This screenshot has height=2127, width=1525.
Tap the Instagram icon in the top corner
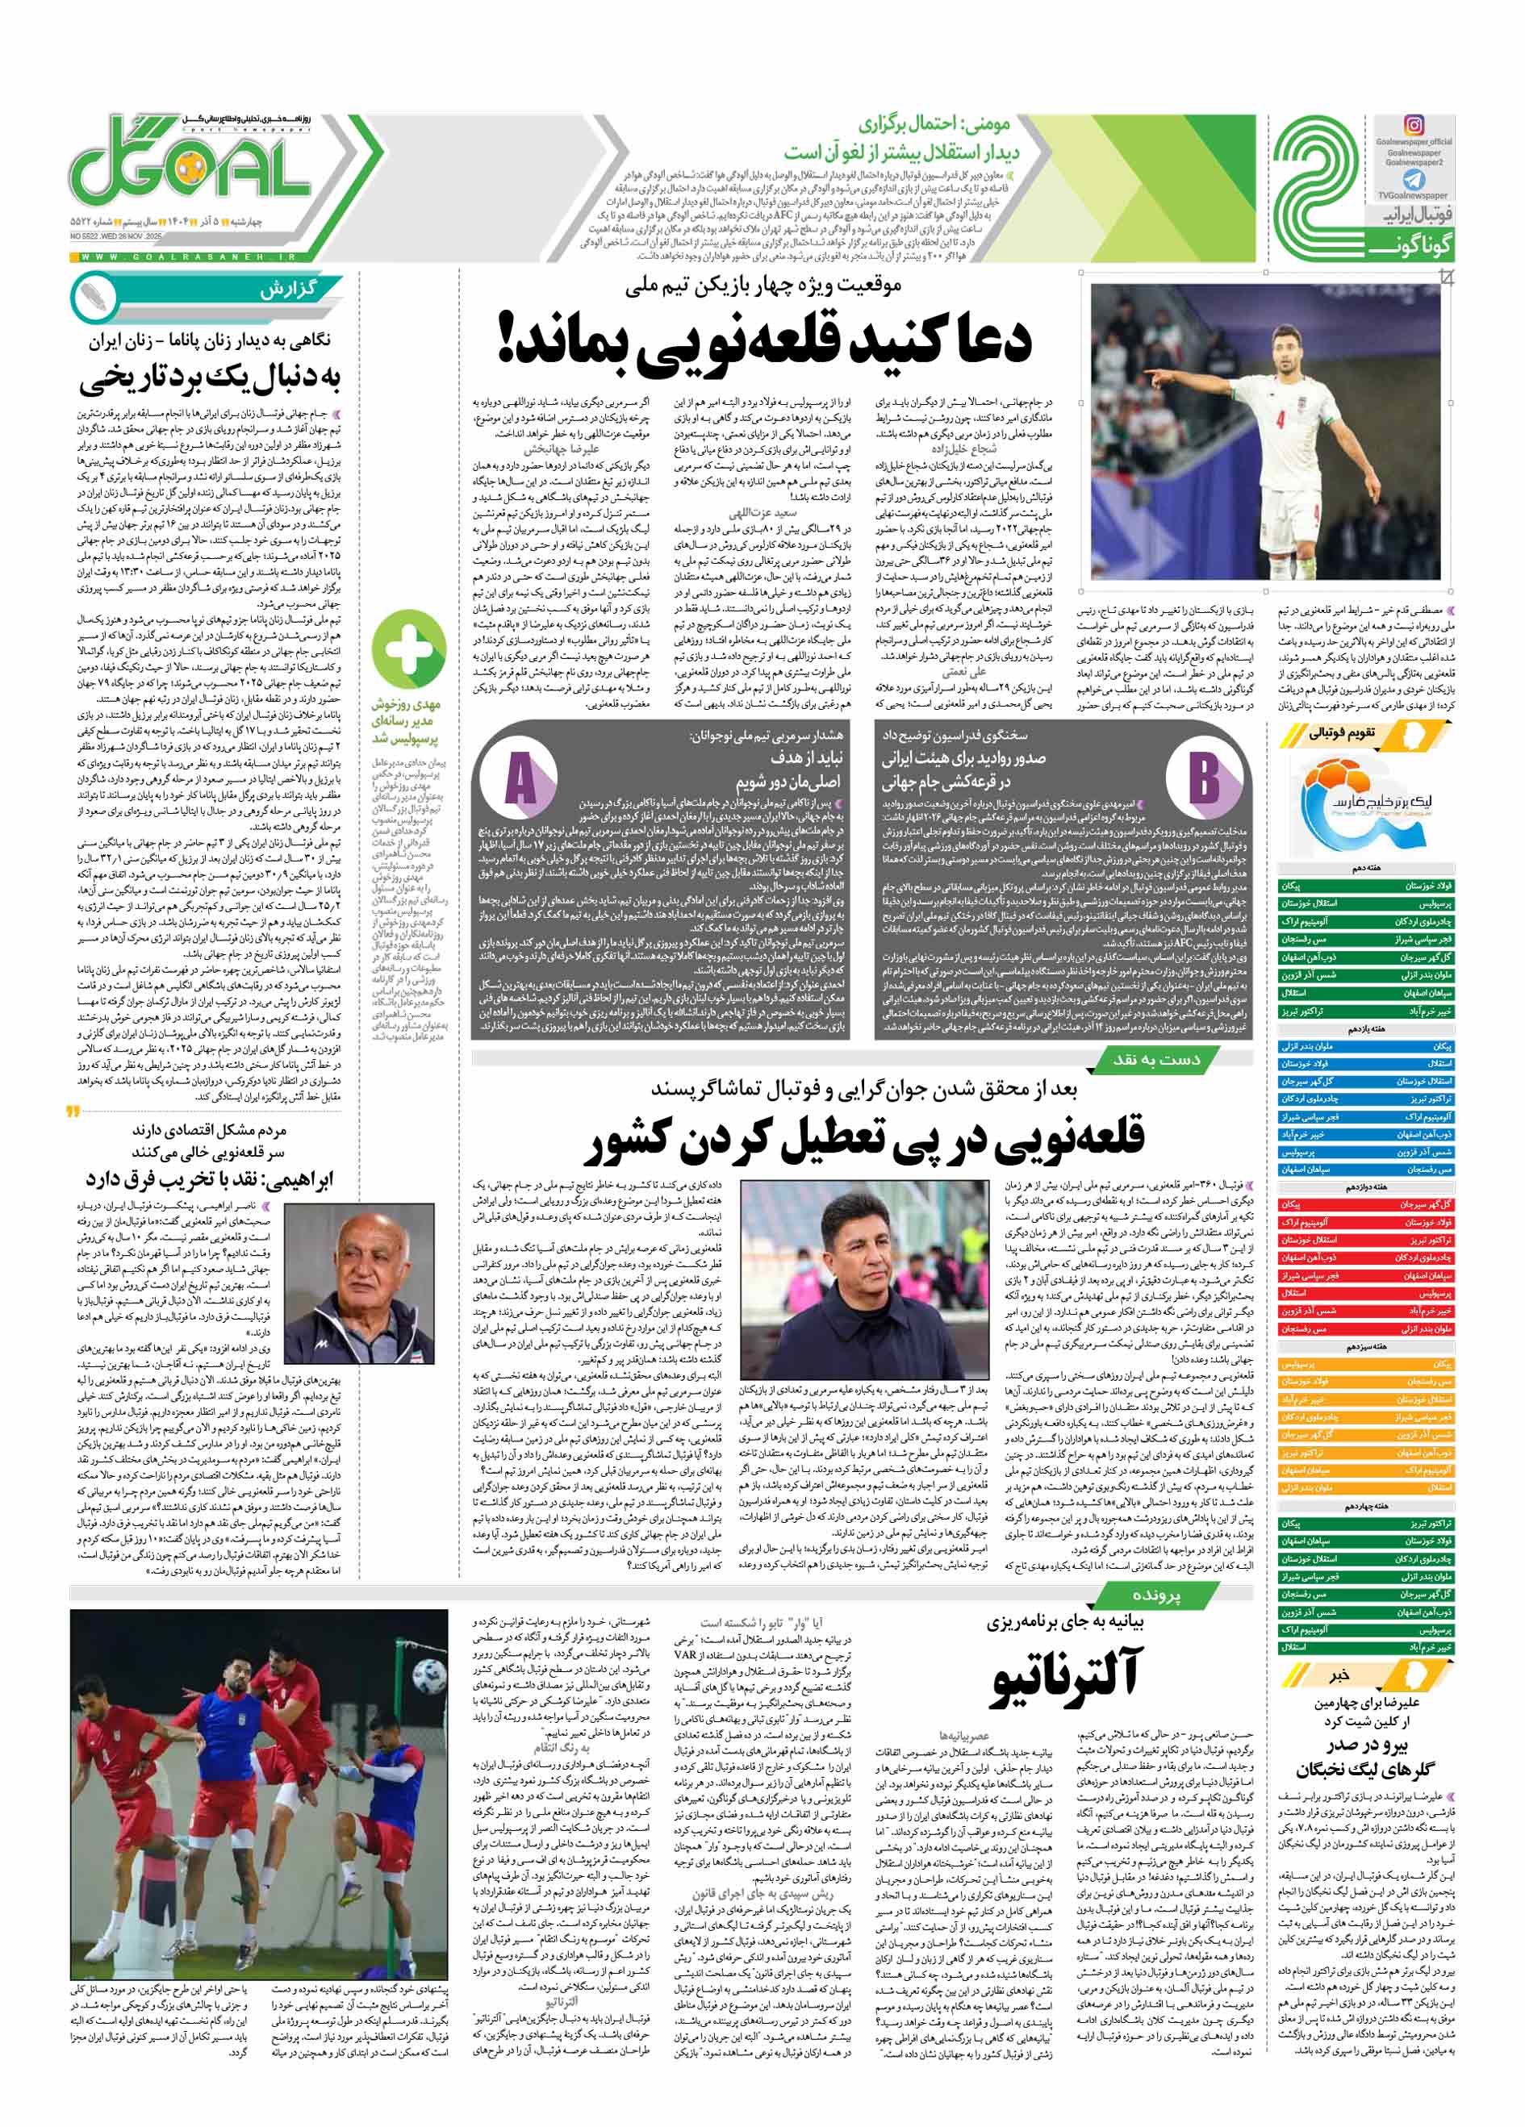point(1414,125)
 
